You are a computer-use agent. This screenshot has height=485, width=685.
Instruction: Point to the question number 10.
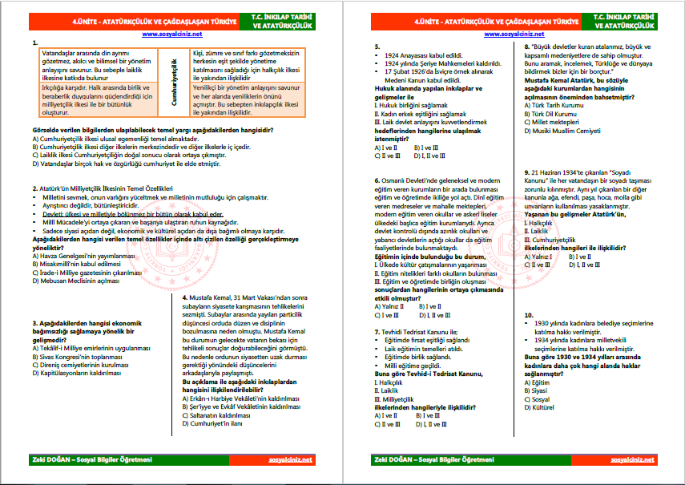coord(528,314)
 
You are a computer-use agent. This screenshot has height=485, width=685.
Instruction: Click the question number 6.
coord(377,180)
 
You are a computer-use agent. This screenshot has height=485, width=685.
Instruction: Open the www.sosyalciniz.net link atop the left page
coord(176,34)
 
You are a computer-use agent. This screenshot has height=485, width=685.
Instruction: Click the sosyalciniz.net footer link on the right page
coord(632,460)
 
